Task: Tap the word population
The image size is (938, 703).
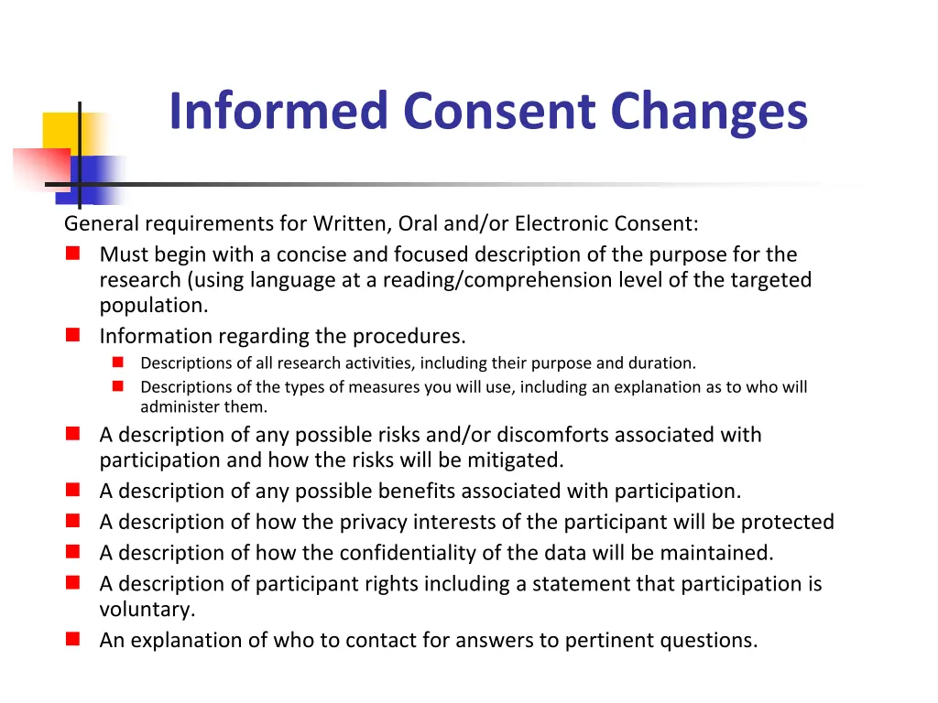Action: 154,306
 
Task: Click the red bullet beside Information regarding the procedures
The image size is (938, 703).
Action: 72,336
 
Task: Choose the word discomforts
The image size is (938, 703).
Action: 551,435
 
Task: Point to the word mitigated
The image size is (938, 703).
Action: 518,460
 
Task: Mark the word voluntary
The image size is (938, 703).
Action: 147,610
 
